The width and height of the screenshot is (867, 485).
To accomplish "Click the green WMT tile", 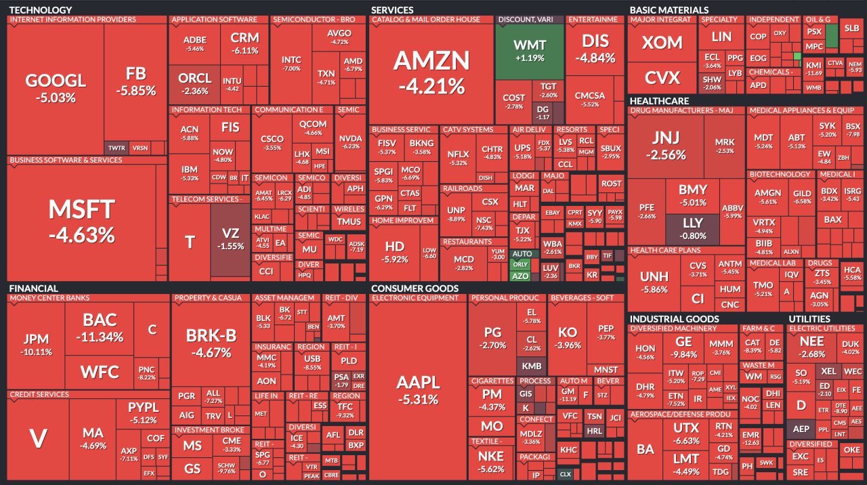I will [x=530, y=51].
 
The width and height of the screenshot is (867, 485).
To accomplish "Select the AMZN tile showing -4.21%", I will [x=431, y=71].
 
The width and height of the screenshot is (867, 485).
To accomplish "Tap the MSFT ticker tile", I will [x=81, y=220].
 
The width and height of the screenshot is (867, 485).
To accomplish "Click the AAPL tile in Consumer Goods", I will [x=418, y=389].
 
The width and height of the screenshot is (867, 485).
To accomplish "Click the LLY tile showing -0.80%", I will [x=692, y=228].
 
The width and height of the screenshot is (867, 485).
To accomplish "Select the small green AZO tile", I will [x=520, y=276].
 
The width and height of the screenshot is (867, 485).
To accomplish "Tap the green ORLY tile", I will [x=520, y=264].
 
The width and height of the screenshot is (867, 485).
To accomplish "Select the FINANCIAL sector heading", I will [x=33, y=289].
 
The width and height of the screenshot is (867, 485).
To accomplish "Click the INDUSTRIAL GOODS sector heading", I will [x=674, y=318].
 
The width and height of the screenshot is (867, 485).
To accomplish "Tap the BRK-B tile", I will [x=211, y=342].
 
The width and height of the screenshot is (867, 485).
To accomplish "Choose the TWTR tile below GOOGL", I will [x=117, y=148].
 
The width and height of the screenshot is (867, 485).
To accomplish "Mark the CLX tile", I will [x=565, y=474].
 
